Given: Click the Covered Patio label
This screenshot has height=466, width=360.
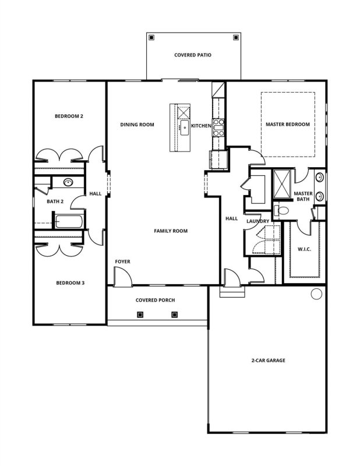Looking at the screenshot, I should [192, 55].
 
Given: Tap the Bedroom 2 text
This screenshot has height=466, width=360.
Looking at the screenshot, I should [69, 116].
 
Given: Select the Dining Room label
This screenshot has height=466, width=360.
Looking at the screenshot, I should [137, 125].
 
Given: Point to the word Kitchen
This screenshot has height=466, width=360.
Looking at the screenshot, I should [200, 125].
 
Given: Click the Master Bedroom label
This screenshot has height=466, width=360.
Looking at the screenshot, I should [287, 125].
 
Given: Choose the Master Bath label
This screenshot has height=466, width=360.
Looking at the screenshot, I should [303, 196].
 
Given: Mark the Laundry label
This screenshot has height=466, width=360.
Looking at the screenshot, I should [257, 221].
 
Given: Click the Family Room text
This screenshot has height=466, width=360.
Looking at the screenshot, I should [171, 231].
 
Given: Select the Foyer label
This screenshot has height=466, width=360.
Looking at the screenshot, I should [122, 262].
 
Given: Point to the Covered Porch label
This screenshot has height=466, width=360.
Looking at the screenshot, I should [156, 301].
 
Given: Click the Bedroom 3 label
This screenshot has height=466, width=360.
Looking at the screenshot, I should [70, 283].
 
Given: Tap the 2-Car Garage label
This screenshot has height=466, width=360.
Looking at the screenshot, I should [268, 361].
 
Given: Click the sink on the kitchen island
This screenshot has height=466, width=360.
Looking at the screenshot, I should [185, 126].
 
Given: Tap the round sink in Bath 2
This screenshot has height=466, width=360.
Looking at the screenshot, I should [68, 182].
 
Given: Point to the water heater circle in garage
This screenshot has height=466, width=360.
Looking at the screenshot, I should [316, 294].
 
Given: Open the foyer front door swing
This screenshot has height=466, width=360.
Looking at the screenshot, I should [121, 278].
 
